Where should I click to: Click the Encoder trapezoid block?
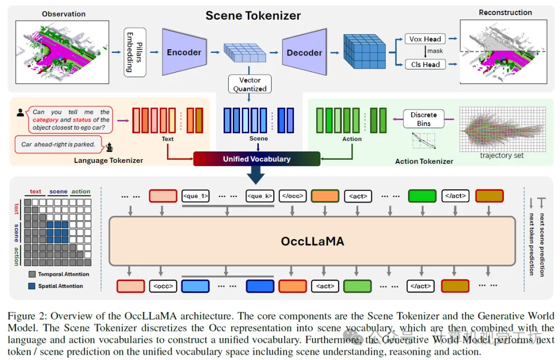click(184, 52)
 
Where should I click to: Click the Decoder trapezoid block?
click(304, 52)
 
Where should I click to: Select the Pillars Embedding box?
click(134, 52)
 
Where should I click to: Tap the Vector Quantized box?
click(250, 85)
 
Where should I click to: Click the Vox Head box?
click(425, 39)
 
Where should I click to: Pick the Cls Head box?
click(425, 64)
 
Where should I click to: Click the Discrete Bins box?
click(424, 119)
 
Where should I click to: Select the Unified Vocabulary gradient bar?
click(257, 159)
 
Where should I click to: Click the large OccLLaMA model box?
click(312, 241)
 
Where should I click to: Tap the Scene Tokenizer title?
click(253, 16)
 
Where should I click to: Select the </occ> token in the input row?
click(291, 196)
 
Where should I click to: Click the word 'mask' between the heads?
click(435, 51)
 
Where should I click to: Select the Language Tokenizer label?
click(108, 161)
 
